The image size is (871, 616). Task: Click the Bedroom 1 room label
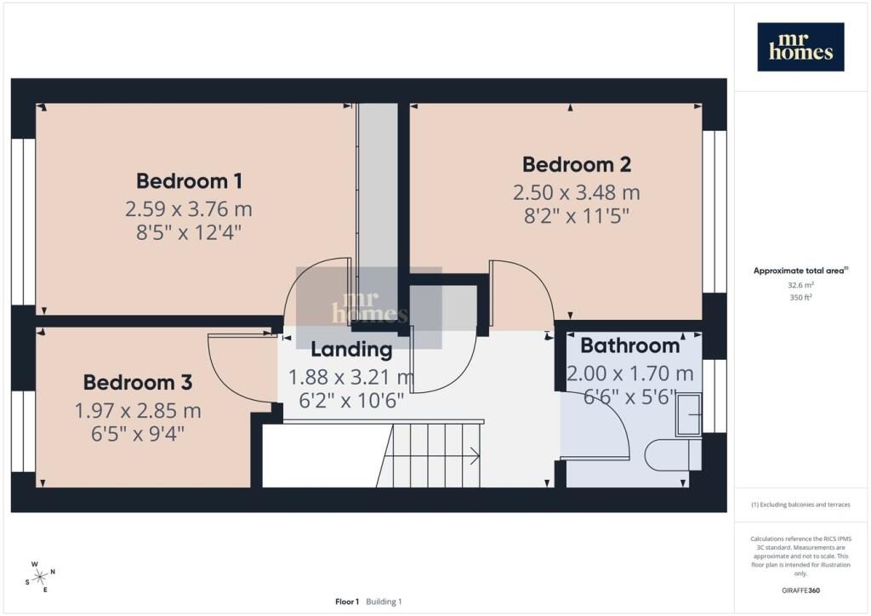[x=189, y=181]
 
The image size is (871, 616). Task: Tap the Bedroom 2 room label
[x=577, y=164]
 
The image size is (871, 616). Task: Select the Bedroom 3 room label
[x=138, y=382]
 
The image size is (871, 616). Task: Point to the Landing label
[x=351, y=350]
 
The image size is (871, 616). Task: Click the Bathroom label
[x=630, y=345]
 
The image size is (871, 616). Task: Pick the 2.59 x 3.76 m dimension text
[x=188, y=208]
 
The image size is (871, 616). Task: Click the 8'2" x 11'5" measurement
[x=577, y=215]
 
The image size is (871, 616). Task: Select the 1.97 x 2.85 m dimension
[x=138, y=410]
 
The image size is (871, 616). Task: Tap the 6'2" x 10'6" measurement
[x=351, y=400]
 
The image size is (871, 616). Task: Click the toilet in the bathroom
[x=667, y=455]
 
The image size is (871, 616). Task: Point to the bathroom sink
[x=688, y=415]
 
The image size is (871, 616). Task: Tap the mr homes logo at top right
[x=800, y=47]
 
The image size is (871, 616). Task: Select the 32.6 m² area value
[x=800, y=285]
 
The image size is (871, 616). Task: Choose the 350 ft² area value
[x=800, y=297]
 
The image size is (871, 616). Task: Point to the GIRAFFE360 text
[x=800, y=590]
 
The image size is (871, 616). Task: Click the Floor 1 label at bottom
[x=347, y=602]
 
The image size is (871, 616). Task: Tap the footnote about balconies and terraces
[x=800, y=505]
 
